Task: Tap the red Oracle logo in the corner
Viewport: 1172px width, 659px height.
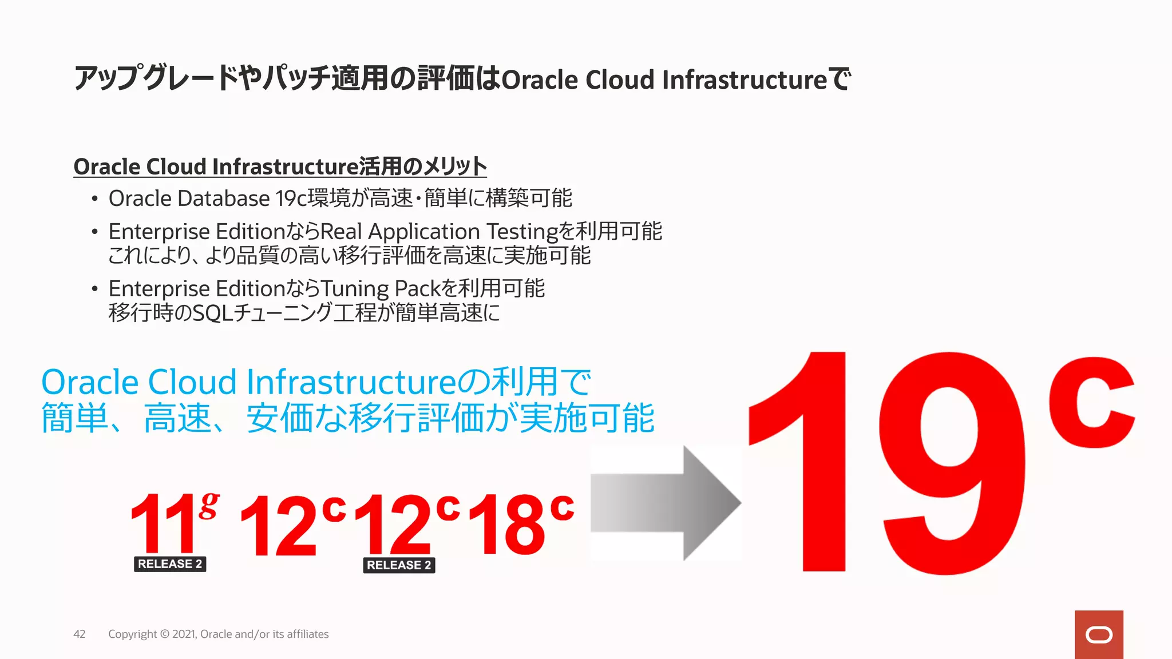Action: coord(1099,634)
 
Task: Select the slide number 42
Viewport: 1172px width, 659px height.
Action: coord(80,634)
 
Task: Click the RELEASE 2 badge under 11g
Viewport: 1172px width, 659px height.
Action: coord(170,564)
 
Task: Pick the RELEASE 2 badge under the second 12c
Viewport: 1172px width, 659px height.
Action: coord(399,565)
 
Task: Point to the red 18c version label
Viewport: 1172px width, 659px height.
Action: coord(520,523)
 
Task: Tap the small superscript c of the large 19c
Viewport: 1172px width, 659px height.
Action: coord(1091,403)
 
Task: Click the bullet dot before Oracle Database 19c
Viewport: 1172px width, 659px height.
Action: coord(94,199)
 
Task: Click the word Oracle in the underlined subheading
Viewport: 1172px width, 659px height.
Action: coord(107,167)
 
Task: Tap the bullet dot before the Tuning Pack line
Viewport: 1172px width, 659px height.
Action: coord(94,289)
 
